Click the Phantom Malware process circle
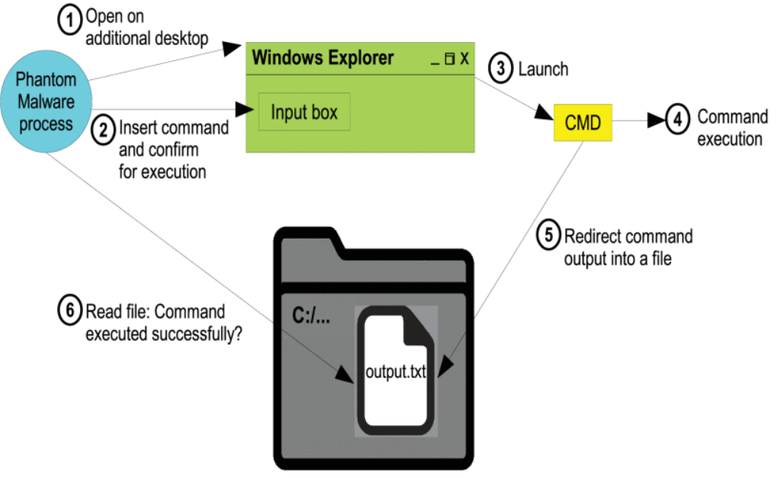pyautogui.click(x=47, y=102)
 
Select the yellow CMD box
pyautogui.click(x=583, y=123)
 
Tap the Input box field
pyautogui.click(x=304, y=112)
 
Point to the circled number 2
pyautogui.click(x=103, y=129)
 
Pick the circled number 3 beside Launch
pyautogui.click(x=499, y=69)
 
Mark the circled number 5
pyautogui.click(x=547, y=236)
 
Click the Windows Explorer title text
pyautogui.click(x=323, y=57)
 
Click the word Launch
pyautogui.click(x=543, y=69)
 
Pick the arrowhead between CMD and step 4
pyautogui.click(x=655, y=120)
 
